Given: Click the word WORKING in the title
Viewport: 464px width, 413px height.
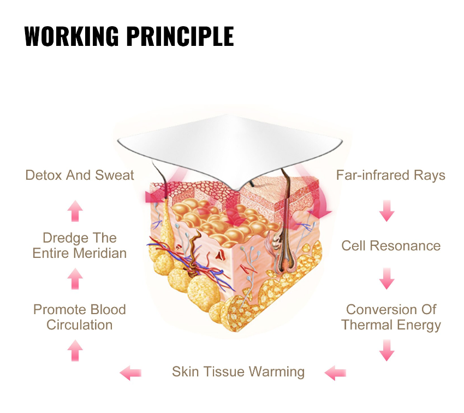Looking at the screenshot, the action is coord(72,36).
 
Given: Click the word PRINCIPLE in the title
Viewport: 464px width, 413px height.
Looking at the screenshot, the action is coord(180,36).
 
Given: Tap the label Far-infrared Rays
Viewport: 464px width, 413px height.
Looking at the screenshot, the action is coord(391,175).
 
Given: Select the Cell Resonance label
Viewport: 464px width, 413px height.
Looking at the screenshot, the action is coord(391,246).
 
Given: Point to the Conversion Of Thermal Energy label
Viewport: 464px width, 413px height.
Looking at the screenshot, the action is coord(391,317).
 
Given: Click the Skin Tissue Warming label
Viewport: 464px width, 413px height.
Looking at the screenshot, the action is coord(238,372).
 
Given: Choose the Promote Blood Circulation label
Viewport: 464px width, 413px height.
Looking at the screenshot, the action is coord(79,317).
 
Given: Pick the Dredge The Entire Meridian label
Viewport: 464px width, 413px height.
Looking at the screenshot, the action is coord(79,245).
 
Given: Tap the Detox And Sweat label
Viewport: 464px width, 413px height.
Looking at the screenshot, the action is coord(80,175).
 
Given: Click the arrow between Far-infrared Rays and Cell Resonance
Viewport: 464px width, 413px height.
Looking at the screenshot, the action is coord(387,211).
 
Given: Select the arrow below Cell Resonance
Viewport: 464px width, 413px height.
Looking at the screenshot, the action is coord(387,279).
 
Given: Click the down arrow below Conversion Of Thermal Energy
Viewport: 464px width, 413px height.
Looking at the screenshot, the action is coord(387,350).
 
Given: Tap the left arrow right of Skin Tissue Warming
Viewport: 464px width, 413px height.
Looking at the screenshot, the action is coord(335,373).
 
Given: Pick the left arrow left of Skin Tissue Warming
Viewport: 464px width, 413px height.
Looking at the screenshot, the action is coord(130,373).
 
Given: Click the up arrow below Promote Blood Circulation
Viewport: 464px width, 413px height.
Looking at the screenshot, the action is coord(75,351).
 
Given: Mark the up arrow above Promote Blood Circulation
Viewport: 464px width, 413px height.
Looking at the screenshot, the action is coord(75,279).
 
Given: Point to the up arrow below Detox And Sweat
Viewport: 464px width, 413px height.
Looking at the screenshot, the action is coord(75,211).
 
